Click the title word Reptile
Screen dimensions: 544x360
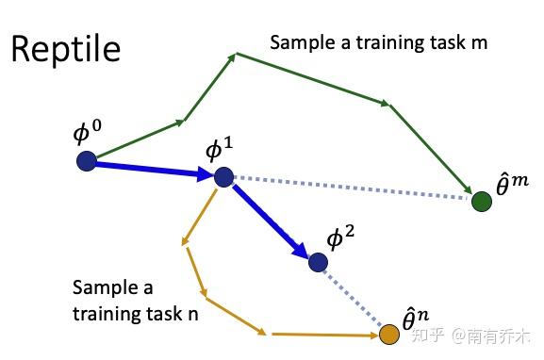[66, 48]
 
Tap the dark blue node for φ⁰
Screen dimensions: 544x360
[87, 161]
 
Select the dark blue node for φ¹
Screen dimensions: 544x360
[223, 176]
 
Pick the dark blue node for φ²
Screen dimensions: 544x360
[317, 262]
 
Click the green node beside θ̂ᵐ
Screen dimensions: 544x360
[481, 201]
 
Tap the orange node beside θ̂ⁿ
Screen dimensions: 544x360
[389, 334]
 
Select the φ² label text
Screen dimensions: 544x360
[340, 238]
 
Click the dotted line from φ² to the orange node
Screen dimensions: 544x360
[354, 298]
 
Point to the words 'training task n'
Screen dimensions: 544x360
[136, 313]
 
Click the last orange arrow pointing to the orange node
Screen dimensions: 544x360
[325, 334]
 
